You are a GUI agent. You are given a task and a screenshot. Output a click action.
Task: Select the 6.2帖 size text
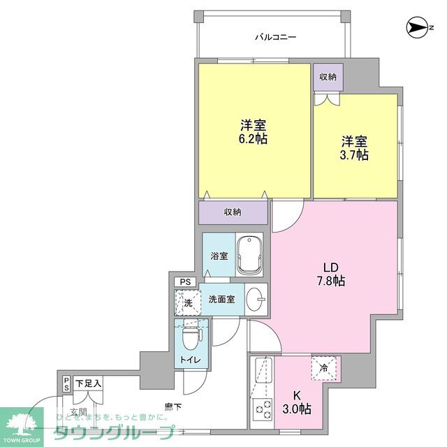point(254,138)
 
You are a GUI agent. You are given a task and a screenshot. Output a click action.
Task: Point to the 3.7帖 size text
point(355,155)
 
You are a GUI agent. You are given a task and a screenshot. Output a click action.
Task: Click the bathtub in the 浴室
point(249,256)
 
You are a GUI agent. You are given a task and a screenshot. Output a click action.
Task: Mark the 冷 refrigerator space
point(325,369)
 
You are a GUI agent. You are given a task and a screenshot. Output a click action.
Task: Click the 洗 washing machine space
point(186,302)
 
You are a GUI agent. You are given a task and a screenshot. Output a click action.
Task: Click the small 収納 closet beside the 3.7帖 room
point(327,77)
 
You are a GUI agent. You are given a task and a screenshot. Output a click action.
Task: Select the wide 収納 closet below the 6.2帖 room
point(233,212)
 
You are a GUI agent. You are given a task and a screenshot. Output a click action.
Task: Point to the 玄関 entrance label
point(78,412)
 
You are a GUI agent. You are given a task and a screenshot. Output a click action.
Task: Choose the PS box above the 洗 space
point(185,282)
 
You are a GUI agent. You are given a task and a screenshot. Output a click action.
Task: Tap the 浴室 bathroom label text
point(219,256)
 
